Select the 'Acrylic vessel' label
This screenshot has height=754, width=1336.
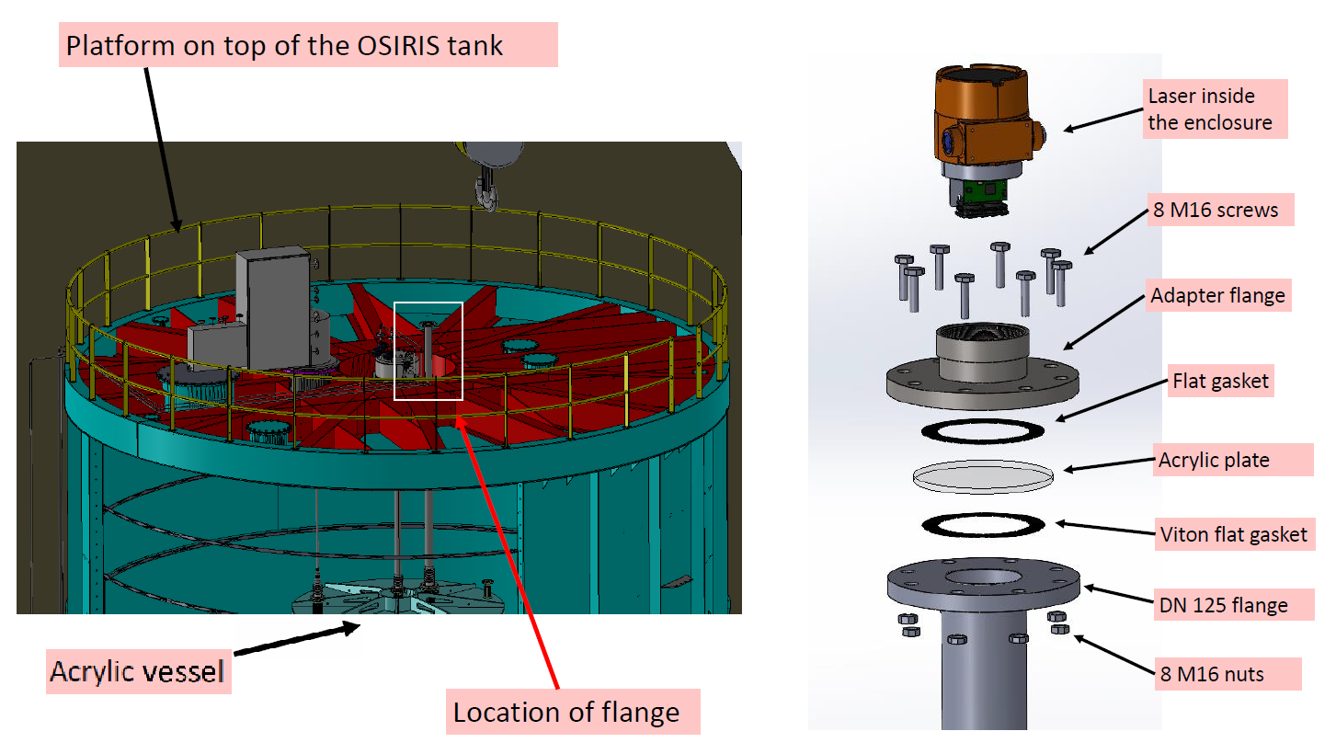pyautogui.click(x=137, y=671)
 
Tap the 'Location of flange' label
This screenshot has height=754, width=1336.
pyautogui.click(x=566, y=711)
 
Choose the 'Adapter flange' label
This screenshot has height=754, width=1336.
pyautogui.click(x=1217, y=296)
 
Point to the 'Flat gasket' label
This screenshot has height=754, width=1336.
pyautogui.click(x=1219, y=381)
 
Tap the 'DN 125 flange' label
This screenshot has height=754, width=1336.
pyautogui.click(x=1222, y=605)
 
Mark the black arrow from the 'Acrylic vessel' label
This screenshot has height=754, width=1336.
pyautogui.click(x=295, y=641)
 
